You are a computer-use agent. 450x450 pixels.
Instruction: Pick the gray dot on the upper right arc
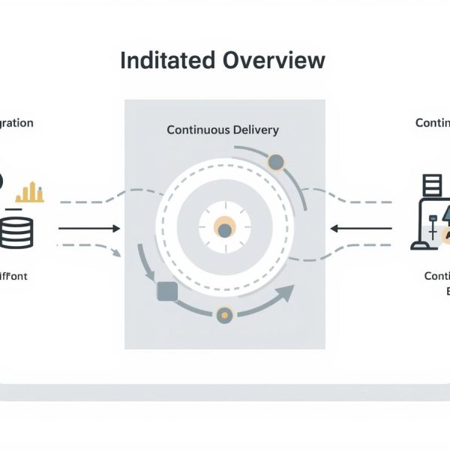[275, 161]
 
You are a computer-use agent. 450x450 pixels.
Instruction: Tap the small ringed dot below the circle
[223, 316]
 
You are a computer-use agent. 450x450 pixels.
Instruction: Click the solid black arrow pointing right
[89, 228]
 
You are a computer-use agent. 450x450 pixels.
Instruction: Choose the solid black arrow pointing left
[361, 228]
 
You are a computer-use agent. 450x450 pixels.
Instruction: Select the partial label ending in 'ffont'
[15, 276]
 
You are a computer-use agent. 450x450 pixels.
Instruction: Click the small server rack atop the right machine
[430, 185]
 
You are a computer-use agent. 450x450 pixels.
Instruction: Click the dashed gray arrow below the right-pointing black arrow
[90, 248]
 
